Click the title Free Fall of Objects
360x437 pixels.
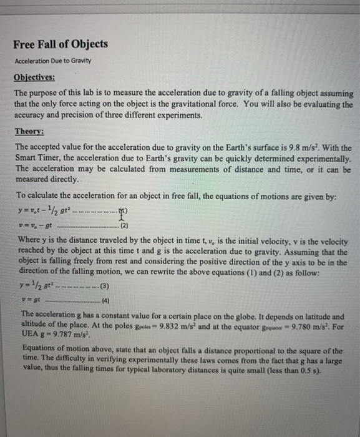coord(61,44)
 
